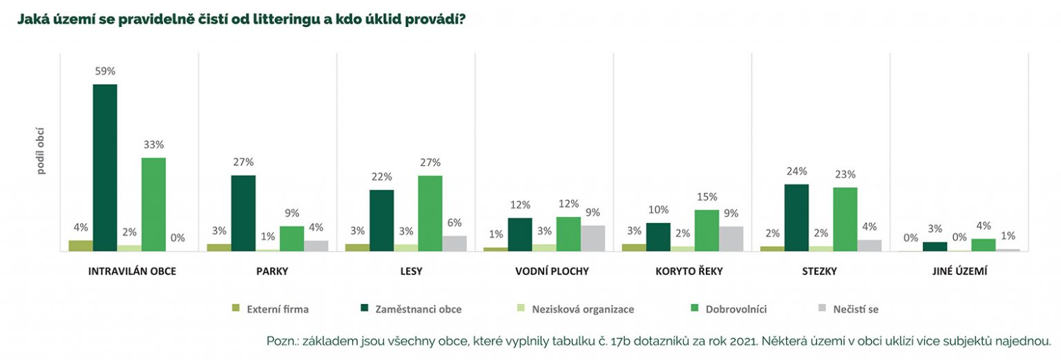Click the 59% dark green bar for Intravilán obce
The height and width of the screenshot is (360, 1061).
(x=105, y=168)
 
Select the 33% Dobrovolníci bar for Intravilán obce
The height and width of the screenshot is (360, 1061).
(x=153, y=205)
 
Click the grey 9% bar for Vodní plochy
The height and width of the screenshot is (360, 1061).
(x=592, y=238)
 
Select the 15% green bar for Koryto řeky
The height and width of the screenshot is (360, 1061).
(x=706, y=230)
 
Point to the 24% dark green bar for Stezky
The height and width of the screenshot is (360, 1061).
(x=796, y=218)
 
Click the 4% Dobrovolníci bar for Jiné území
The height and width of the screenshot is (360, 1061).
(x=983, y=245)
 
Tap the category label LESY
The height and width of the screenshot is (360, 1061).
(x=411, y=272)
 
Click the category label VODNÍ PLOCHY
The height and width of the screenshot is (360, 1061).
(x=552, y=272)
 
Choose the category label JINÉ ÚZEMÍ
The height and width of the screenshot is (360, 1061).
(x=964, y=272)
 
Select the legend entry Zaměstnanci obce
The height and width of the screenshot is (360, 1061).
(x=418, y=309)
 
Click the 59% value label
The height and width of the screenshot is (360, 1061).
(x=105, y=71)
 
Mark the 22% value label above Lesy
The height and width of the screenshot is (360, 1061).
(x=381, y=177)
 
